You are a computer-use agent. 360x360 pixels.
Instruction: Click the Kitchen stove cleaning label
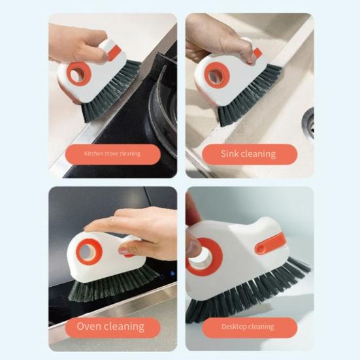(112, 154)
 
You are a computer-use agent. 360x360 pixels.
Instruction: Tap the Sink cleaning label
(249, 154)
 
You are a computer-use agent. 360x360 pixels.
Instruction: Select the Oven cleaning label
(110, 326)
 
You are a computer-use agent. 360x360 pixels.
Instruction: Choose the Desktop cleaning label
(248, 326)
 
